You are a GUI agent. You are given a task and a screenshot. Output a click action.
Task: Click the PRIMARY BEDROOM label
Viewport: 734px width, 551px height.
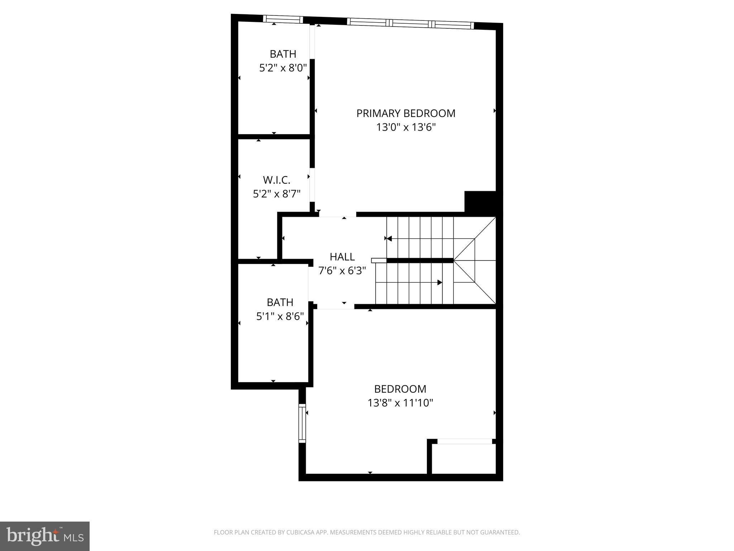click(406, 113)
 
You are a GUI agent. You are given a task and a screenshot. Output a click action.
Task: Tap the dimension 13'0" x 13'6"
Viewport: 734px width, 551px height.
click(406, 127)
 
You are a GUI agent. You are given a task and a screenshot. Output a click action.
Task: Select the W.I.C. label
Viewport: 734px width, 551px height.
click(276, 180)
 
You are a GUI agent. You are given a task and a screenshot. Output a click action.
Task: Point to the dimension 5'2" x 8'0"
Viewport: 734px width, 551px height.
click(283, 68)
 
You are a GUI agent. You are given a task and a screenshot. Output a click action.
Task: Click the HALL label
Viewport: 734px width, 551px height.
click(342, 257)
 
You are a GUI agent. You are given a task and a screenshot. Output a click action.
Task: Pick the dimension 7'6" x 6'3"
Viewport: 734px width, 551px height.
click(342, 271)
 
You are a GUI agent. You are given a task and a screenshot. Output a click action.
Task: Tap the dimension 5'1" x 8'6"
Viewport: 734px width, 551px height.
click(280, 316)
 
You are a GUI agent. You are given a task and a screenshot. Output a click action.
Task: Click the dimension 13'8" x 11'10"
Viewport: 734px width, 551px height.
click(400, 403)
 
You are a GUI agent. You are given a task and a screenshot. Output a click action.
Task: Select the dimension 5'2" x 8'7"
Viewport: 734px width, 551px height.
click(276, 194)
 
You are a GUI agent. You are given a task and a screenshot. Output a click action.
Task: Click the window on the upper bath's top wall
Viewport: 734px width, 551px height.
click(283, 19)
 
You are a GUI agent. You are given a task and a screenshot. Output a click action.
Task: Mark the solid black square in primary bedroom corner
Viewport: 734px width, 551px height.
click(480, 202)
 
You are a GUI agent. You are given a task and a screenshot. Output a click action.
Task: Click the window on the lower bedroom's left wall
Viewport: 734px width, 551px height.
click(302, 423)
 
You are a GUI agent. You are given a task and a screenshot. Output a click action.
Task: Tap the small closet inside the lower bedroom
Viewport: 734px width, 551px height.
click(464, 459)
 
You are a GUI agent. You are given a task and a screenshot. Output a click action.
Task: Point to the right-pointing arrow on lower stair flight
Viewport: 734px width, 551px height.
click(439, 283)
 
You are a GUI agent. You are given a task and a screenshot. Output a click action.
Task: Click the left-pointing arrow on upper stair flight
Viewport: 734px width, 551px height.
click(389, 239)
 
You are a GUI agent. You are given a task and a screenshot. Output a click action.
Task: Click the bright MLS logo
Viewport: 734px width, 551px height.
click(45, 536)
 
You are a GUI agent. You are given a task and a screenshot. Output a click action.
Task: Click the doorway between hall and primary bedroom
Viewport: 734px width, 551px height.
click(337, 215)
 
